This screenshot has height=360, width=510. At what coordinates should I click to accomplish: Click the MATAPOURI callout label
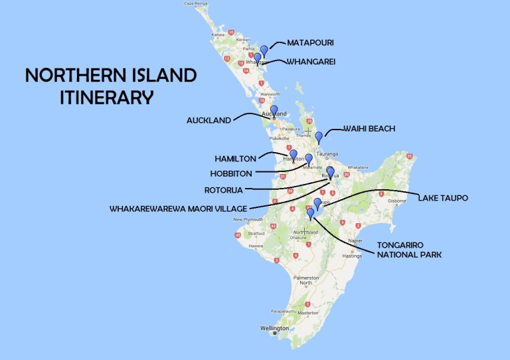[309, 43]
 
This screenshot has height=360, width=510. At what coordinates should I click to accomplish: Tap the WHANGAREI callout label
[311, 62]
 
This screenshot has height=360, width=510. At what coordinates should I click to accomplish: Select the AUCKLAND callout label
[209, 120]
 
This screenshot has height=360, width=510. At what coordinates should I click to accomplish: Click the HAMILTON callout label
[236, 159]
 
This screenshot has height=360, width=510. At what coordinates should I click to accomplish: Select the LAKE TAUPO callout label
[444, 197]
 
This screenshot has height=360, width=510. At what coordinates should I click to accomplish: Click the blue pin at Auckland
[274, 110]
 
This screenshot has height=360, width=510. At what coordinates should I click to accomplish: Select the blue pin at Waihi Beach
[319, 137]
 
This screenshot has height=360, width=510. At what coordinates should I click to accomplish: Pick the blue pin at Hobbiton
[308, 159]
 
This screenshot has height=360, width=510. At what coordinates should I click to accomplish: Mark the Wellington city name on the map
[276, 328]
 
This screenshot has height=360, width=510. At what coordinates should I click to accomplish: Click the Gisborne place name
[396, 200]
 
